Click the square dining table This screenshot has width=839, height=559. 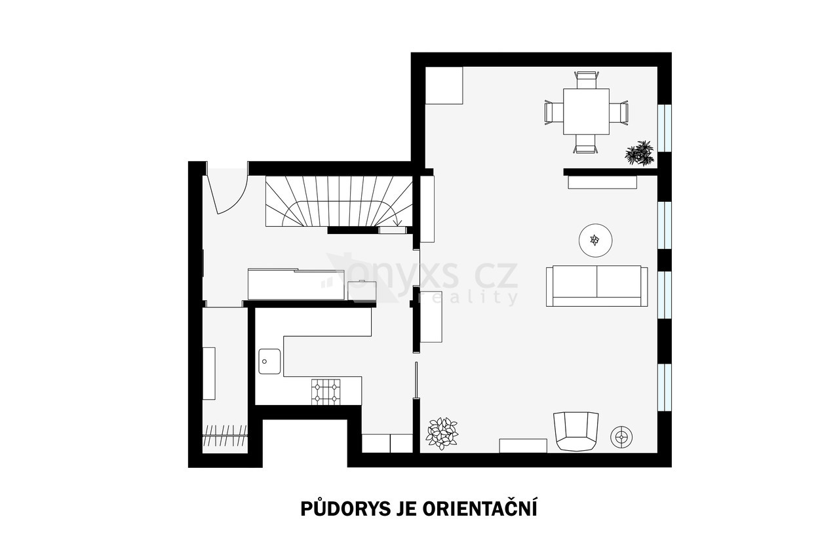[x=586, y=111]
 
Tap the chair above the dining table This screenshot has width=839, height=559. [x=587, y=80]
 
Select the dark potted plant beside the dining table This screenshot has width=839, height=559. [x=639, y=153]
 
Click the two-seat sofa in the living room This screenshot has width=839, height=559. [x=596, y=286]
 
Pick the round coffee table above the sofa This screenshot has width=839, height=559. [x=596, y=241]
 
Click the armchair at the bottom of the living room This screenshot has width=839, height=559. [x=576, y=431]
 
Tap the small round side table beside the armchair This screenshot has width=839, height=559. [x=621, y=436]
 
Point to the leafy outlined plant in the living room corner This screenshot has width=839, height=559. [x=442, y=433]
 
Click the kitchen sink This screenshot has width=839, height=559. [x=269, y=361]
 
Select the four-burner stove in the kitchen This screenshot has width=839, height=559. [x=326, y=392]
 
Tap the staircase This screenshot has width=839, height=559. [x=339, y=201]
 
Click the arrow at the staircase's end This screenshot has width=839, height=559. [x=397, y=222]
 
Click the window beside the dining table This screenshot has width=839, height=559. [x=665, y=128]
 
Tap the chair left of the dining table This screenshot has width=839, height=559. [x=554, y=111]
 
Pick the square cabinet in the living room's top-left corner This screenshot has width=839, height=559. [x=444, y=85]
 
